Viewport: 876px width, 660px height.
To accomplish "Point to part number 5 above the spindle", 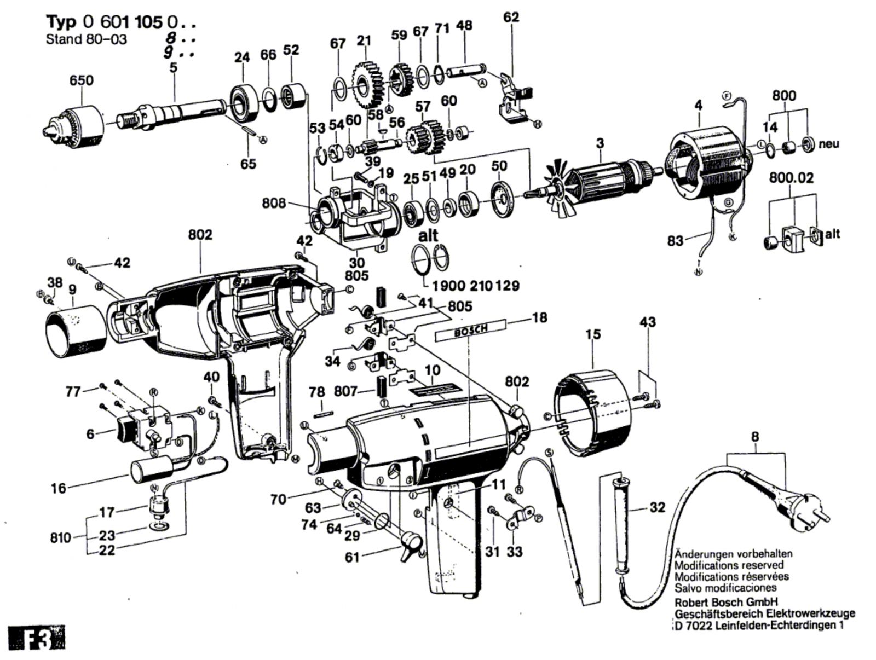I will click(174, 68).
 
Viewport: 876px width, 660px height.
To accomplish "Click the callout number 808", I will click(274, 203).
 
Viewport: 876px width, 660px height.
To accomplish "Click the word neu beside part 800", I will click(829, 144).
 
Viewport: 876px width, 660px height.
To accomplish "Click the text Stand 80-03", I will click(86, 40).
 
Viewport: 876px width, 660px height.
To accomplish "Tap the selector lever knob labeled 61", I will click(411, 545).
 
